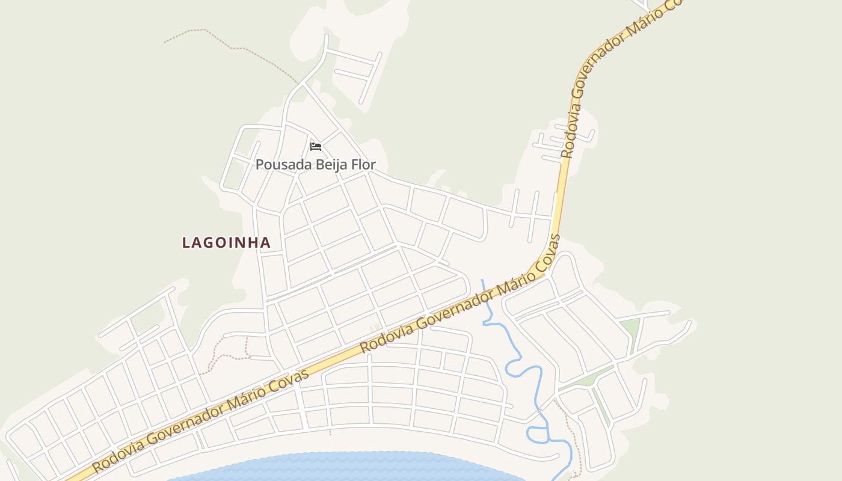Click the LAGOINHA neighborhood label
[x=226, y=242]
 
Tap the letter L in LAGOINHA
[x=186, y=242]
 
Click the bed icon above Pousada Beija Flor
[x=316, y=146]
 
